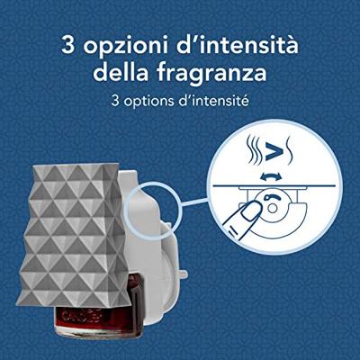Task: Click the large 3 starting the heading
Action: (68, 45)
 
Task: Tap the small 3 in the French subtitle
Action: (115, 101)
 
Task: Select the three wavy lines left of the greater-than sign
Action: (254, 150)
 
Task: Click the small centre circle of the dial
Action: (272, 208)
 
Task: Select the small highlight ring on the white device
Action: (153, 207)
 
